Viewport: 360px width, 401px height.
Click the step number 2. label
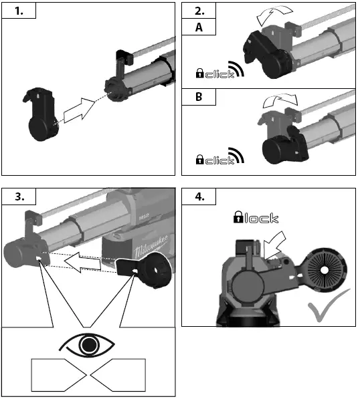click(x=199, y=11)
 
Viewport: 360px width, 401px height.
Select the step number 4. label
click(x=199, y=196)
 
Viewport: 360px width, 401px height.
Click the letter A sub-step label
click(x=199, y=27)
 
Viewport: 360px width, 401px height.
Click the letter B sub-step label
click(x=199, y=96)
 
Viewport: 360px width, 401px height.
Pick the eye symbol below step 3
click(x=88, y=345)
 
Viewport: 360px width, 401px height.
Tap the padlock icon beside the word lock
click(x=239, y=217)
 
